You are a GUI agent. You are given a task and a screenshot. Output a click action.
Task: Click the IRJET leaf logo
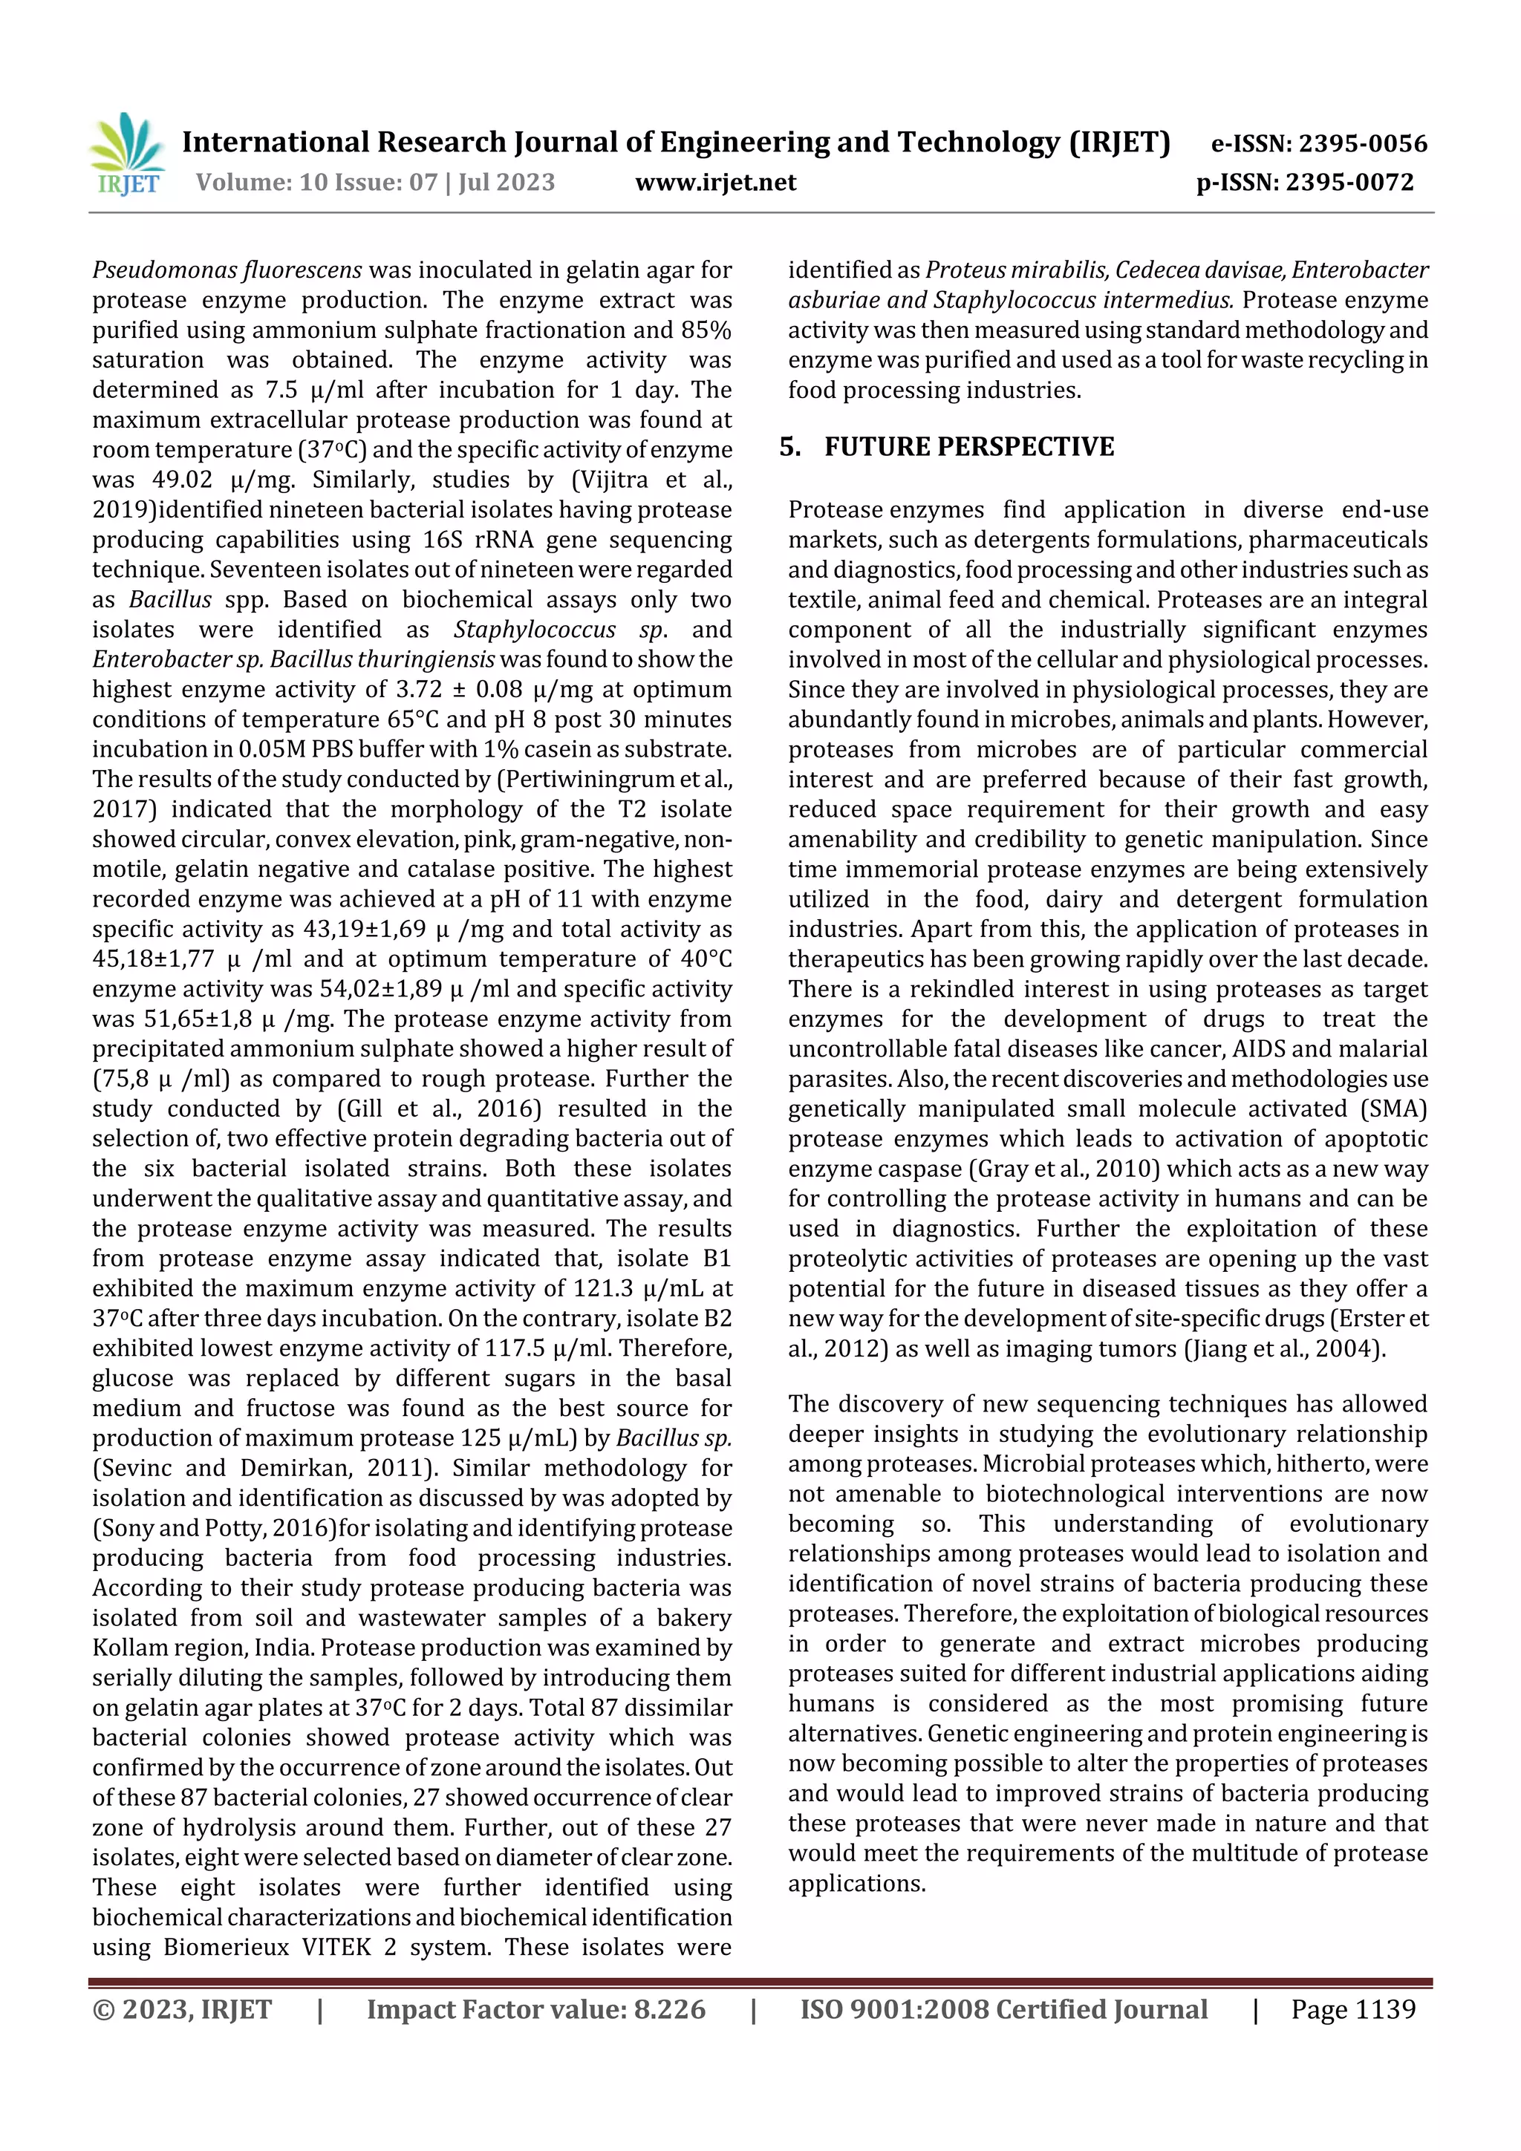point(128,153)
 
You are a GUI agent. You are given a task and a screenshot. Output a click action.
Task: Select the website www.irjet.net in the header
point(715,182)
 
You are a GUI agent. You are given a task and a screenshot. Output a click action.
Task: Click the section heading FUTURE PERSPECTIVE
point(968,447)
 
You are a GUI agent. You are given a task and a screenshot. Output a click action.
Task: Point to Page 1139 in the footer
point(1352,2008)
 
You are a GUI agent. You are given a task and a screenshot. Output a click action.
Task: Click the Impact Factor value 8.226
point(669,2008)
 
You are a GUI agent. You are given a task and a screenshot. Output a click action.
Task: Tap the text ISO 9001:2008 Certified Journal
point(1003,2008)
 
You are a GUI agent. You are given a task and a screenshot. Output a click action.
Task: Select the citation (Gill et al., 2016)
point(439,1109)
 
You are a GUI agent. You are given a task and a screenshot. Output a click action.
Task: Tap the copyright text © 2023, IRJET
point(182,2008)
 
